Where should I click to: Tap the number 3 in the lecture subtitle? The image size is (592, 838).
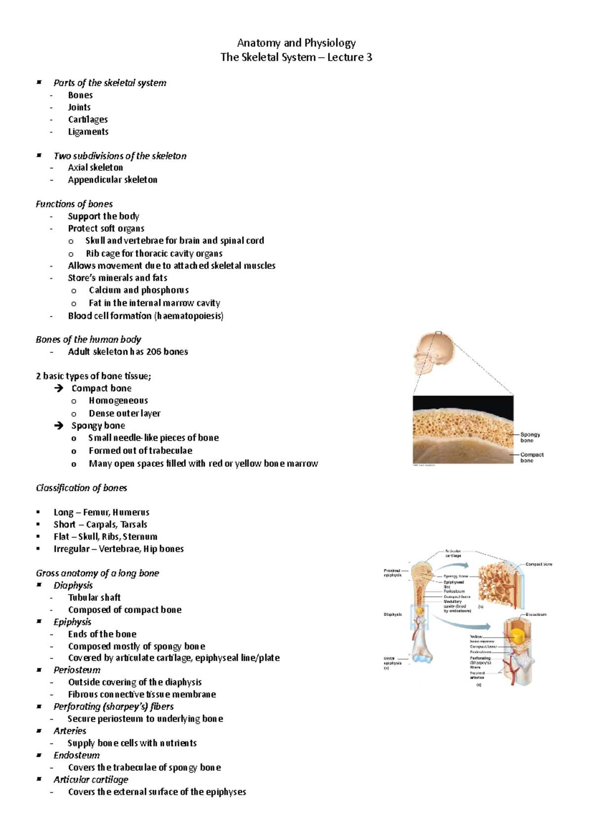[369, 57]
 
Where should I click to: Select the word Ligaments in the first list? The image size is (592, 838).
[88, 132]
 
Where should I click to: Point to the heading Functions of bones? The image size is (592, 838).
[74, 204]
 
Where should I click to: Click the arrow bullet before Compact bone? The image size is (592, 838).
[59, 388]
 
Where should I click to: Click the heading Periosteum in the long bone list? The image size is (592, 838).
[77, 670]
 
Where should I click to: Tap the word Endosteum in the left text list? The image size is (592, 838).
[76, 755]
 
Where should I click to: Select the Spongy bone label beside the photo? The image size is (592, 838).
[530, 437]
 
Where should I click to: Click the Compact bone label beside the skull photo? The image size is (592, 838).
[532, 457]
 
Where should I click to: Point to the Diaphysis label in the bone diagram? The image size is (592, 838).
[393, 614]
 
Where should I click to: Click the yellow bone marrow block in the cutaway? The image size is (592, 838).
[518, 637]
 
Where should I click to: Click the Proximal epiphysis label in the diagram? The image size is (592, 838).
[393, 573]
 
